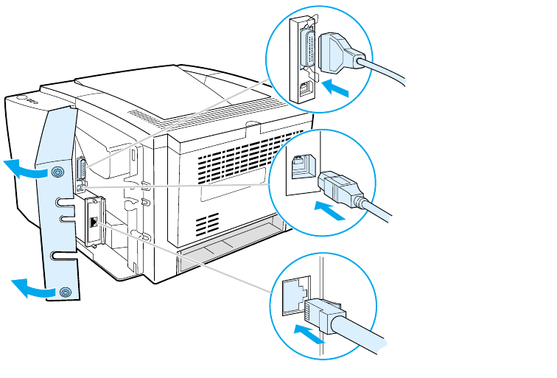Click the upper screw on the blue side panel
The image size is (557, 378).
(57, 172)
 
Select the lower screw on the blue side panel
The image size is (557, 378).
(65, 293)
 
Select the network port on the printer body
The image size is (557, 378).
(92, 220)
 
